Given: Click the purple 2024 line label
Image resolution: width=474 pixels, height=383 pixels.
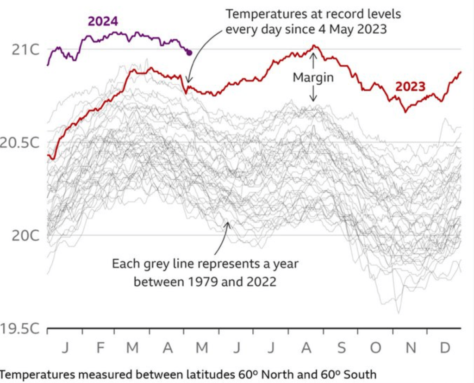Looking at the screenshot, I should pos(103,21).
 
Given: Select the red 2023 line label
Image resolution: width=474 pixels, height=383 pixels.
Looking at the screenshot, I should pos(410,87).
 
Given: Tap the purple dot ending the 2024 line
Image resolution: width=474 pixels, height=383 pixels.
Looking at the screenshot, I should pos(189,53).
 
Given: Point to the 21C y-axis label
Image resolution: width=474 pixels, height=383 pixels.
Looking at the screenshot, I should pos(25,50).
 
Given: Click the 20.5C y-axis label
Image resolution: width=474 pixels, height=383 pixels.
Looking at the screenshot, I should pos(20,143).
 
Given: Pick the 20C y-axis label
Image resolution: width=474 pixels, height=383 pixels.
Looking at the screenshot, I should pos(25,236).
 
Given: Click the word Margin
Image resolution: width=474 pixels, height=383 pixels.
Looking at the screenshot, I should pos(313,77).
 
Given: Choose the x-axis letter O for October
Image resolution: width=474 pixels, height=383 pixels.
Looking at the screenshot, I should pos(375,347).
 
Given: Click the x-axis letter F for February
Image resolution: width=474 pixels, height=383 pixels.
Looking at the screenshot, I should pos(100,347).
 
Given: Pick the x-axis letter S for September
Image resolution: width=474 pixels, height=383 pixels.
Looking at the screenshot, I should pos(341,347).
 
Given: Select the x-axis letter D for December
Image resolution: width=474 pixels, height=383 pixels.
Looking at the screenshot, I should pos(445,347).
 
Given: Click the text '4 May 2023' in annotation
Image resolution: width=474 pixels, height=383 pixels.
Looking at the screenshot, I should pos(352,29).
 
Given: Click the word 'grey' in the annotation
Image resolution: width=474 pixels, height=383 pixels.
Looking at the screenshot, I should pos(158,264).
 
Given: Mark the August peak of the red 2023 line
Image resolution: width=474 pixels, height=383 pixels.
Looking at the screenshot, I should pos(314,45).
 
